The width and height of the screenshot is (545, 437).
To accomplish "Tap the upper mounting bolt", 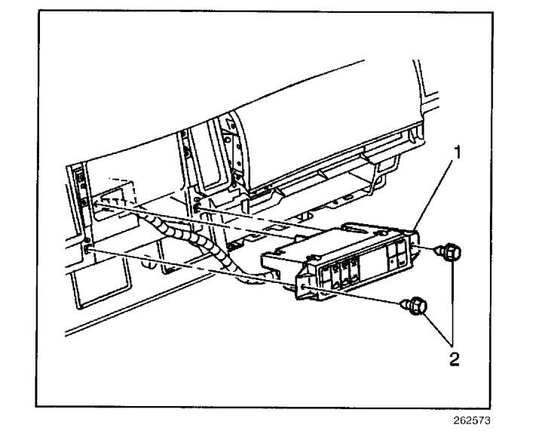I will point(450,252).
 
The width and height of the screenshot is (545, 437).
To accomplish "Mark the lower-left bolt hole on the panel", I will point(89,247).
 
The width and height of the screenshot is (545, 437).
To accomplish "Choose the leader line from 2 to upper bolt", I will point(453,302).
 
